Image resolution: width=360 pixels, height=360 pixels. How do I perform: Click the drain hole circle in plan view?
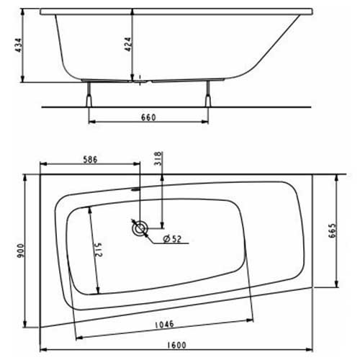[139, 229]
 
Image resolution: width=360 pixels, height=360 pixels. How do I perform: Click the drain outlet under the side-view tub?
[140, 80]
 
